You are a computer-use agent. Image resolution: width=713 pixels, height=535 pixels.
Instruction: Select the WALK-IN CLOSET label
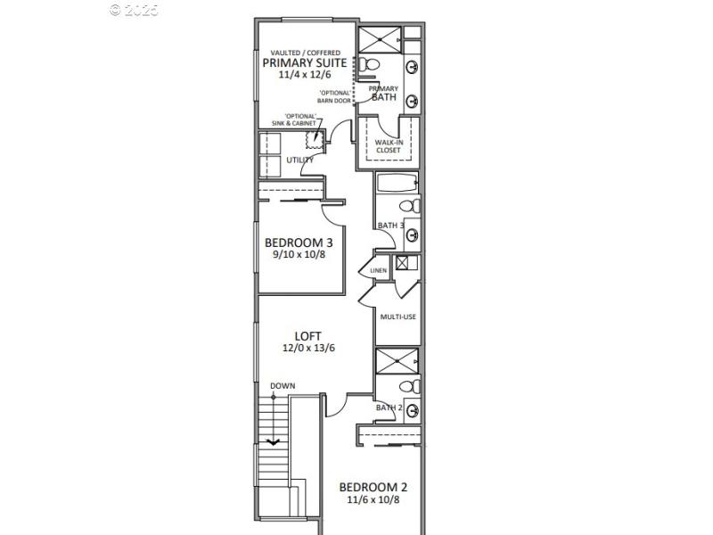388,145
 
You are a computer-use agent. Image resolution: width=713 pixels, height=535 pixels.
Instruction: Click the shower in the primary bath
379,40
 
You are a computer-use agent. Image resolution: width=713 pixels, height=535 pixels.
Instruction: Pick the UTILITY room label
299,160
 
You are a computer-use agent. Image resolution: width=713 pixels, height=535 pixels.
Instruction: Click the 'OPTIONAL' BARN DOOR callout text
334,96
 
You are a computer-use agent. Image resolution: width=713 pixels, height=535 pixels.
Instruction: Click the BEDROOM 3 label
299,243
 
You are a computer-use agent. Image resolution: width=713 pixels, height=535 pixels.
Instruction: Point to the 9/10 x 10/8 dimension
299,255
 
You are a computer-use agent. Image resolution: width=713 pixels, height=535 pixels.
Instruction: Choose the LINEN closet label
379,270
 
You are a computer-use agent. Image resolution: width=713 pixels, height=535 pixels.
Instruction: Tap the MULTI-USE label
398,317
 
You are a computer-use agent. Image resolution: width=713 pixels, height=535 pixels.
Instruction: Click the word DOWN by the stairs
283,386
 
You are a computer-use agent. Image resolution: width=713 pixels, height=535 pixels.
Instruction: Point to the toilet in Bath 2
407,387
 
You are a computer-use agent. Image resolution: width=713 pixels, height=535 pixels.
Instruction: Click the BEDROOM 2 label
373,488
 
